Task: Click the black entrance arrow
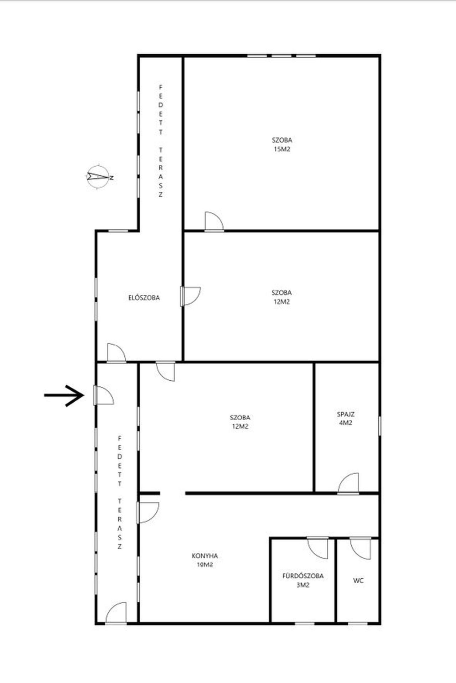[x=64, y=395]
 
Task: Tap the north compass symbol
[x=99, y=176]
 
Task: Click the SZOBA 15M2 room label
[x=282, y=145]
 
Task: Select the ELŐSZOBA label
[x=144, y=298]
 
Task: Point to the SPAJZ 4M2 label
[x=346, y=419]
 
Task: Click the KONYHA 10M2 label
[x=205, y=560]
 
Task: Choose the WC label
[x=358, y=580]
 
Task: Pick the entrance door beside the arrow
[x=104, y=395]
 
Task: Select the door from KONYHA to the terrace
[x=148, y=513]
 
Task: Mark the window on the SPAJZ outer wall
[x=380, y=426]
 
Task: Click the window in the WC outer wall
[x=358, y=624]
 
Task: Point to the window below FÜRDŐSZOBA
[x=305, y=624]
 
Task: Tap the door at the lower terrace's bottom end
[x=116, y=613]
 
